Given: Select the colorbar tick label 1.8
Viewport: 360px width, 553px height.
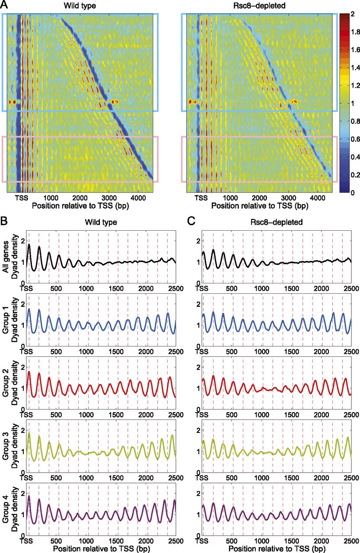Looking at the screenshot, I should click(353, 32).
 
